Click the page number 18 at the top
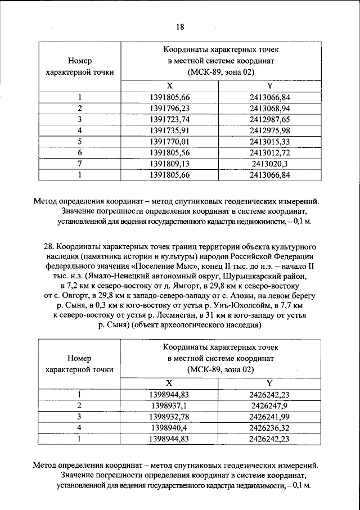[180, 26]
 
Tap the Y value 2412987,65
[269, 119]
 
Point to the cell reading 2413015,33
[269, 141]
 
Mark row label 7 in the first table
[80, 163]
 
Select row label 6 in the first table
[80, 152]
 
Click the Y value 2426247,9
[270, 405]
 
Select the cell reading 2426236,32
[270, 428]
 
